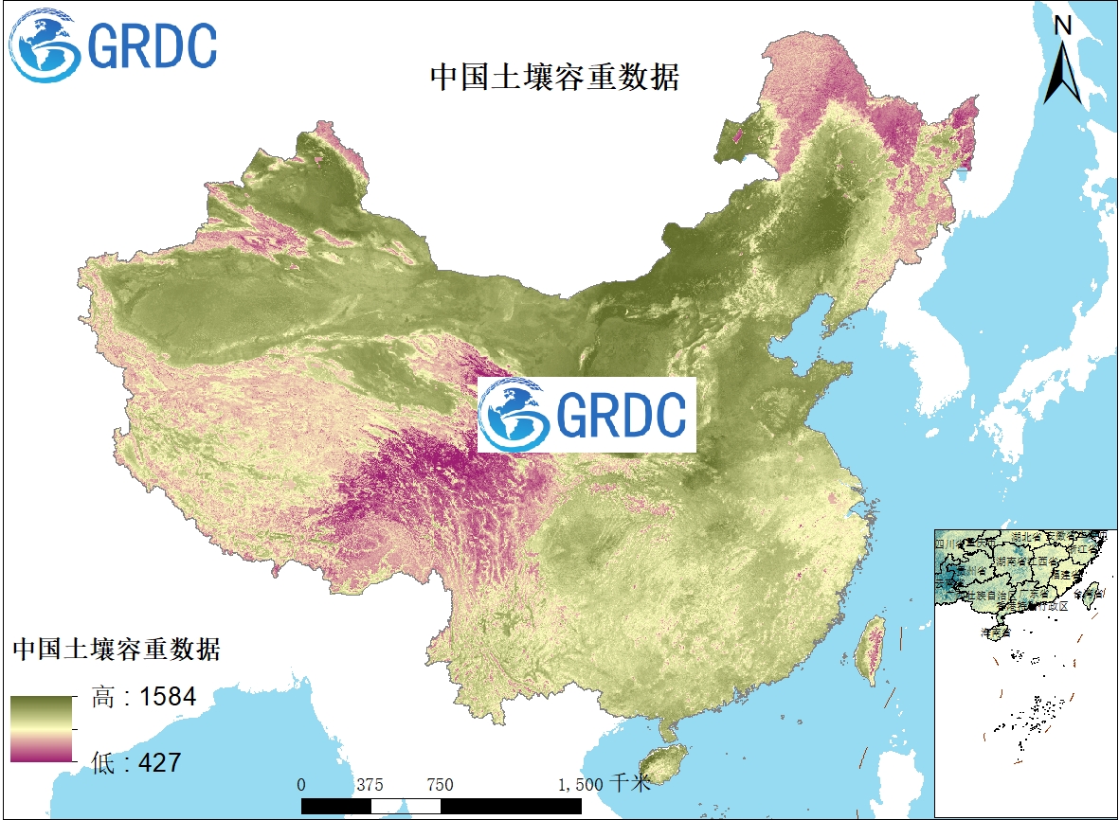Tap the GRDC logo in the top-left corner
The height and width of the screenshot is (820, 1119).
click(113, 45)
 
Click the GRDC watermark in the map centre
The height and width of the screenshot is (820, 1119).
click(587, 415)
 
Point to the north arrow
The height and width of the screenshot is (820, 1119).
click(1062, 72)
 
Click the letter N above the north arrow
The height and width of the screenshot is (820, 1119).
click(1063, 26)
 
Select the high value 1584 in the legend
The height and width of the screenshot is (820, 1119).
click(168, 699)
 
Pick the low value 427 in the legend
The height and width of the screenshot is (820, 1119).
click(160, 761)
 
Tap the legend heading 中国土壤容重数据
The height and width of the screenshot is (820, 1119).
click(116, 650)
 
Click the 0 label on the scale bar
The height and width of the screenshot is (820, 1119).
click(301, 785)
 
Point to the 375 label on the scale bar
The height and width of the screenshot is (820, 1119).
click(370, 785)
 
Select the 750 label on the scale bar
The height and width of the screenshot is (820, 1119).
click(440, 785)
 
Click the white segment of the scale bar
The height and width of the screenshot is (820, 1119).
click(388, 806)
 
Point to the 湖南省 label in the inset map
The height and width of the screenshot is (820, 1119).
click(1012, 562)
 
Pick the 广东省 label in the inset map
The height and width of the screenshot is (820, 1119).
click(1036, 594)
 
